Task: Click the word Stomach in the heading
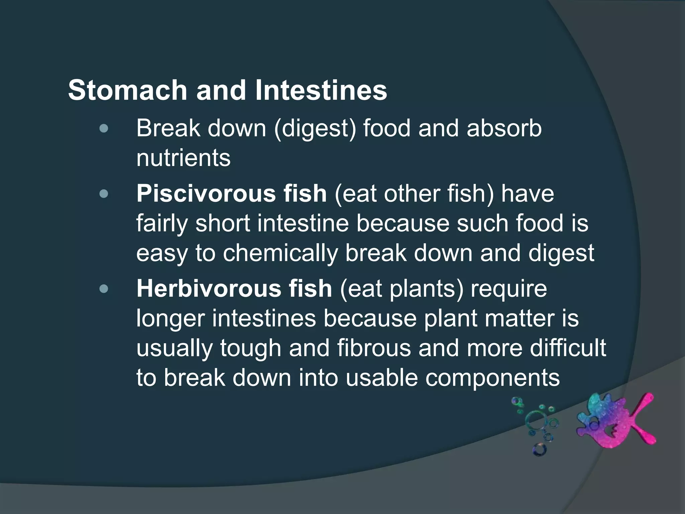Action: pyautogui.click(x=127, y=90)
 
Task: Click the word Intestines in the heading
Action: pyautogui.click(x=321, y=90)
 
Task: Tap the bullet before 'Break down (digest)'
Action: pyautogui.click(x=104, y=128)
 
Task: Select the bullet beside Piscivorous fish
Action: pyautogui.click(x=104, y=194)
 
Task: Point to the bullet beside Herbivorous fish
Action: pyautogui.click(x=104, y=288)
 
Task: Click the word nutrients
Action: pyautogui.click(x=183, y=158)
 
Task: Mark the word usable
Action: pyautogui.click(x=381, y=378)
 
